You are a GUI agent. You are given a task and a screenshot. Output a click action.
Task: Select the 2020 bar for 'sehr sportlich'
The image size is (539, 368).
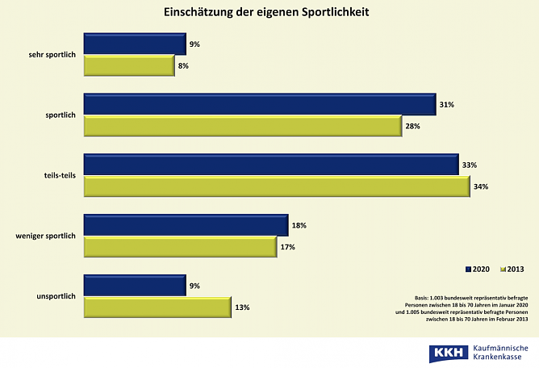point(135,44)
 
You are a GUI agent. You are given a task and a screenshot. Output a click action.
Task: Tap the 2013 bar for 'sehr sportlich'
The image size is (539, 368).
point(129,65)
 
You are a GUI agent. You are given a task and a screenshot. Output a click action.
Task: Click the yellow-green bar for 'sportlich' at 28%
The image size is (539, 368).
point(243,126)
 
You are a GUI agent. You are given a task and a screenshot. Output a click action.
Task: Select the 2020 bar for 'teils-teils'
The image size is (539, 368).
point(271,165)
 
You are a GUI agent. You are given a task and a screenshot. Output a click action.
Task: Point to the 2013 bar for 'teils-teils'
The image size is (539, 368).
point(277,186)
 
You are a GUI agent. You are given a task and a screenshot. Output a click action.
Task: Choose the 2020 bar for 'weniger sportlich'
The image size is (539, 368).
point(186,225)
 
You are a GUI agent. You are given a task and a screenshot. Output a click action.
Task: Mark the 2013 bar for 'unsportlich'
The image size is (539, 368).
point(157,307)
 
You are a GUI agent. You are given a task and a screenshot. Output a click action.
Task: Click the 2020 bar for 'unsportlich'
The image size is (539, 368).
point(135,286)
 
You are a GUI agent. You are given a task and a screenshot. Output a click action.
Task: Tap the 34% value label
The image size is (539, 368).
point(482,186)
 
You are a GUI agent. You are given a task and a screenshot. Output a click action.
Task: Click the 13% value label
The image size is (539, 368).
point(242,307)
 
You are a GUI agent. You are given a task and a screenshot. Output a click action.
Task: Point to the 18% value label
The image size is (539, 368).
point(299,225)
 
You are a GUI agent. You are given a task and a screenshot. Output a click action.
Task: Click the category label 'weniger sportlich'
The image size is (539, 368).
point(45,236)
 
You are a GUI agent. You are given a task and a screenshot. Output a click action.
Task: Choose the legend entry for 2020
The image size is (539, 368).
point(478,268)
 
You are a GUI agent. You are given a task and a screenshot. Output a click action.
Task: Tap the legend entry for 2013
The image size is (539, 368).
point(512,268)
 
